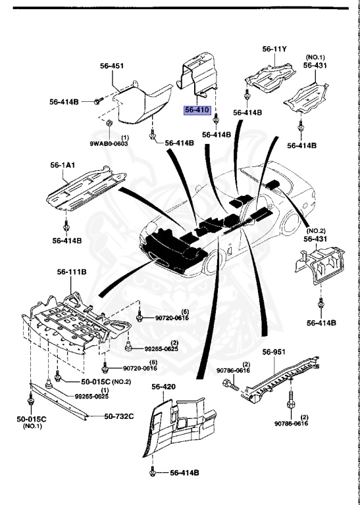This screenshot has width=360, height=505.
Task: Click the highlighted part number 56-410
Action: click(197, 110)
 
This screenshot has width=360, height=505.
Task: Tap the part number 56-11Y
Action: click(276, 49)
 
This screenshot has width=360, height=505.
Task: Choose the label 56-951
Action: click(276, 352)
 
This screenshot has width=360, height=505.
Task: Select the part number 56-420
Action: click(164, 387)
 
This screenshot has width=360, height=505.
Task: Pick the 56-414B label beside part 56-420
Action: click(184, 473)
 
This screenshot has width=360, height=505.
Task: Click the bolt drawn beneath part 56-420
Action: click(154, 472)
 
